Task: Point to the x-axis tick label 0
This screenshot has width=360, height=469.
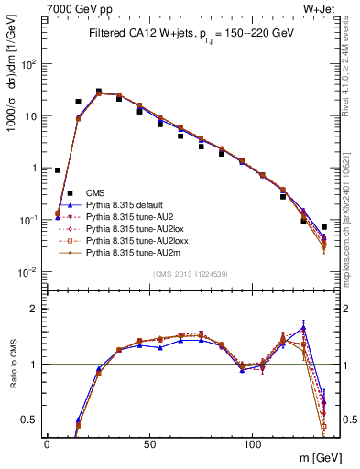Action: pyautogui.click(x=47, y=443)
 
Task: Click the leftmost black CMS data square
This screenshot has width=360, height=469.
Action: pyautogui.click(x=58, y=169)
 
